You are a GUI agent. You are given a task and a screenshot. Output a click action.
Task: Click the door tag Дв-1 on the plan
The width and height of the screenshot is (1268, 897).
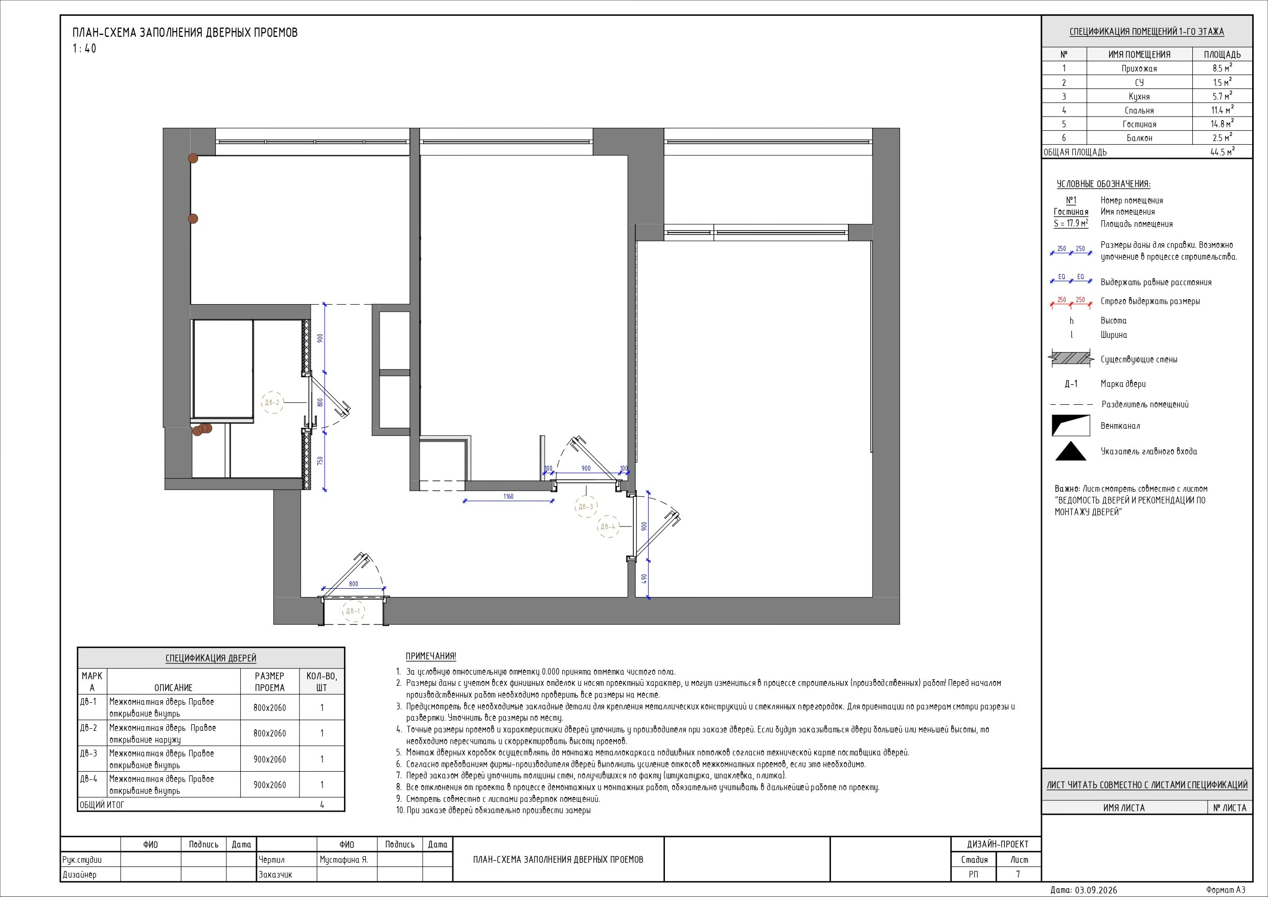pos(352,611)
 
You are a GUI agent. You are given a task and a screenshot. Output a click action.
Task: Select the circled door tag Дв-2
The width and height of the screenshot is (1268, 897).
pos(272,403)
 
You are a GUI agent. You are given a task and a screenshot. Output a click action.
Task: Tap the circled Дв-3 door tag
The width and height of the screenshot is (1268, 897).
pos(585,507)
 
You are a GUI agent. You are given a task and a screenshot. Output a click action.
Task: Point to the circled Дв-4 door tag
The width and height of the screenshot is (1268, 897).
pos(608,527)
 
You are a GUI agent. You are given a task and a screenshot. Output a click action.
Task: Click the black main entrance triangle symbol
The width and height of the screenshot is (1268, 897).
pos(1071,451)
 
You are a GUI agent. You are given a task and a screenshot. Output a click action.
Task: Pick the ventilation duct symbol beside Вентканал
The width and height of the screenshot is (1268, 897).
pos(1071,426)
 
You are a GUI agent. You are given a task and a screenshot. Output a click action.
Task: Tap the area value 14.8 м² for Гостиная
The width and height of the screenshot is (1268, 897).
pos(1221,124)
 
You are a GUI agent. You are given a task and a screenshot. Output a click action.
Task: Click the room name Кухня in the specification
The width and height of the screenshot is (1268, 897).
pos(1139,97)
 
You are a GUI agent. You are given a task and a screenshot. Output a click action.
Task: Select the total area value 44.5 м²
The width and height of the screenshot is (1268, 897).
pos(1221,152)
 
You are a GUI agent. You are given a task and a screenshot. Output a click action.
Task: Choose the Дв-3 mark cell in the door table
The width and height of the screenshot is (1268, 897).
pos(88,753)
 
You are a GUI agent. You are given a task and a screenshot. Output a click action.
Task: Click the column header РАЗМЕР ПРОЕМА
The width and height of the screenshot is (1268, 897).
pos(269,682)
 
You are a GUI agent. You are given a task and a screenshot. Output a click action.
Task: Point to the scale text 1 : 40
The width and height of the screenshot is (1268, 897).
pos(84,49)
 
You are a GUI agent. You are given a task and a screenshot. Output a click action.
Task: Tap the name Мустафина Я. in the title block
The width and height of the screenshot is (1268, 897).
pos(343,860)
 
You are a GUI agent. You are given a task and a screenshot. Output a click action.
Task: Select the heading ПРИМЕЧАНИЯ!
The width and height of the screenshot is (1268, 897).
pos(431,656)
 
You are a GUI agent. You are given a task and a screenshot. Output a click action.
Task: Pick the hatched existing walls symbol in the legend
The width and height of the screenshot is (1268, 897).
pos(1071,359)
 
